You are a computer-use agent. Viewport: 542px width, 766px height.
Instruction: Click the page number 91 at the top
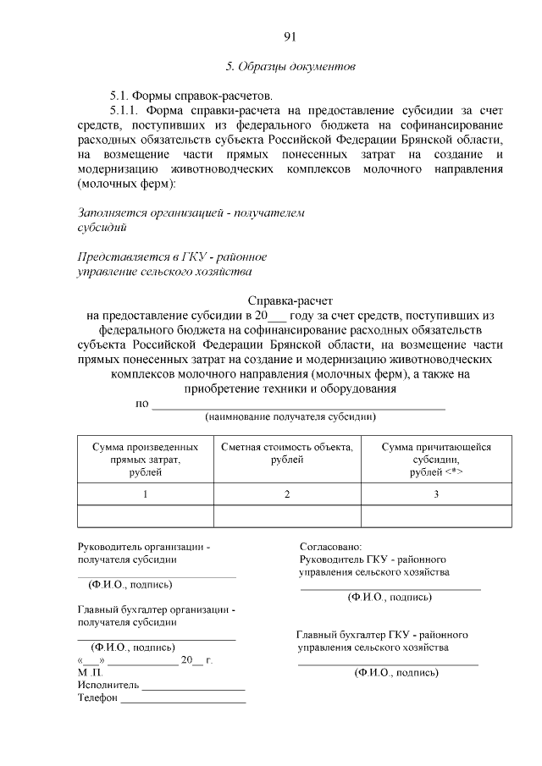click(290, 36)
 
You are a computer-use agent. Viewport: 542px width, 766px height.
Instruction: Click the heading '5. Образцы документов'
click(290, 65)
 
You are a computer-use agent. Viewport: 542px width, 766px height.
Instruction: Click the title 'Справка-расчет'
click(290, 300)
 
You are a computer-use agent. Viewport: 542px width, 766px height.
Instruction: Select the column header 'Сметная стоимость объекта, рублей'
click(287, 453)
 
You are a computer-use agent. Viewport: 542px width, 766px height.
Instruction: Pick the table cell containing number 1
click(145, 493)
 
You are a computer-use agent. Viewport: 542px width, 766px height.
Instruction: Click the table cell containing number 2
click(287, 493)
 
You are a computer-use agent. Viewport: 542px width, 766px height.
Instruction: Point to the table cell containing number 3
click(435, 493)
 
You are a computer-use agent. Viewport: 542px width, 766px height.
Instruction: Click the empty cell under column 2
click(287, 515)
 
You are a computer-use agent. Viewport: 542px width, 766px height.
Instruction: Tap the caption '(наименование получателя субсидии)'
click(290, 416)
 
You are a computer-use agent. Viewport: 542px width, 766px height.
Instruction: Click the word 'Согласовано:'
click(330, 548)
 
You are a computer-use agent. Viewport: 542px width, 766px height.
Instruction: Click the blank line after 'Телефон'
click(183, 699)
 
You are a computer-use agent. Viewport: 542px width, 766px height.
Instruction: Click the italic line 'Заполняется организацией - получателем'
click(191, 212)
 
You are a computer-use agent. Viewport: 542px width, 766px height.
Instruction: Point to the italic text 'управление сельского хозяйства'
click(165, 272)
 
